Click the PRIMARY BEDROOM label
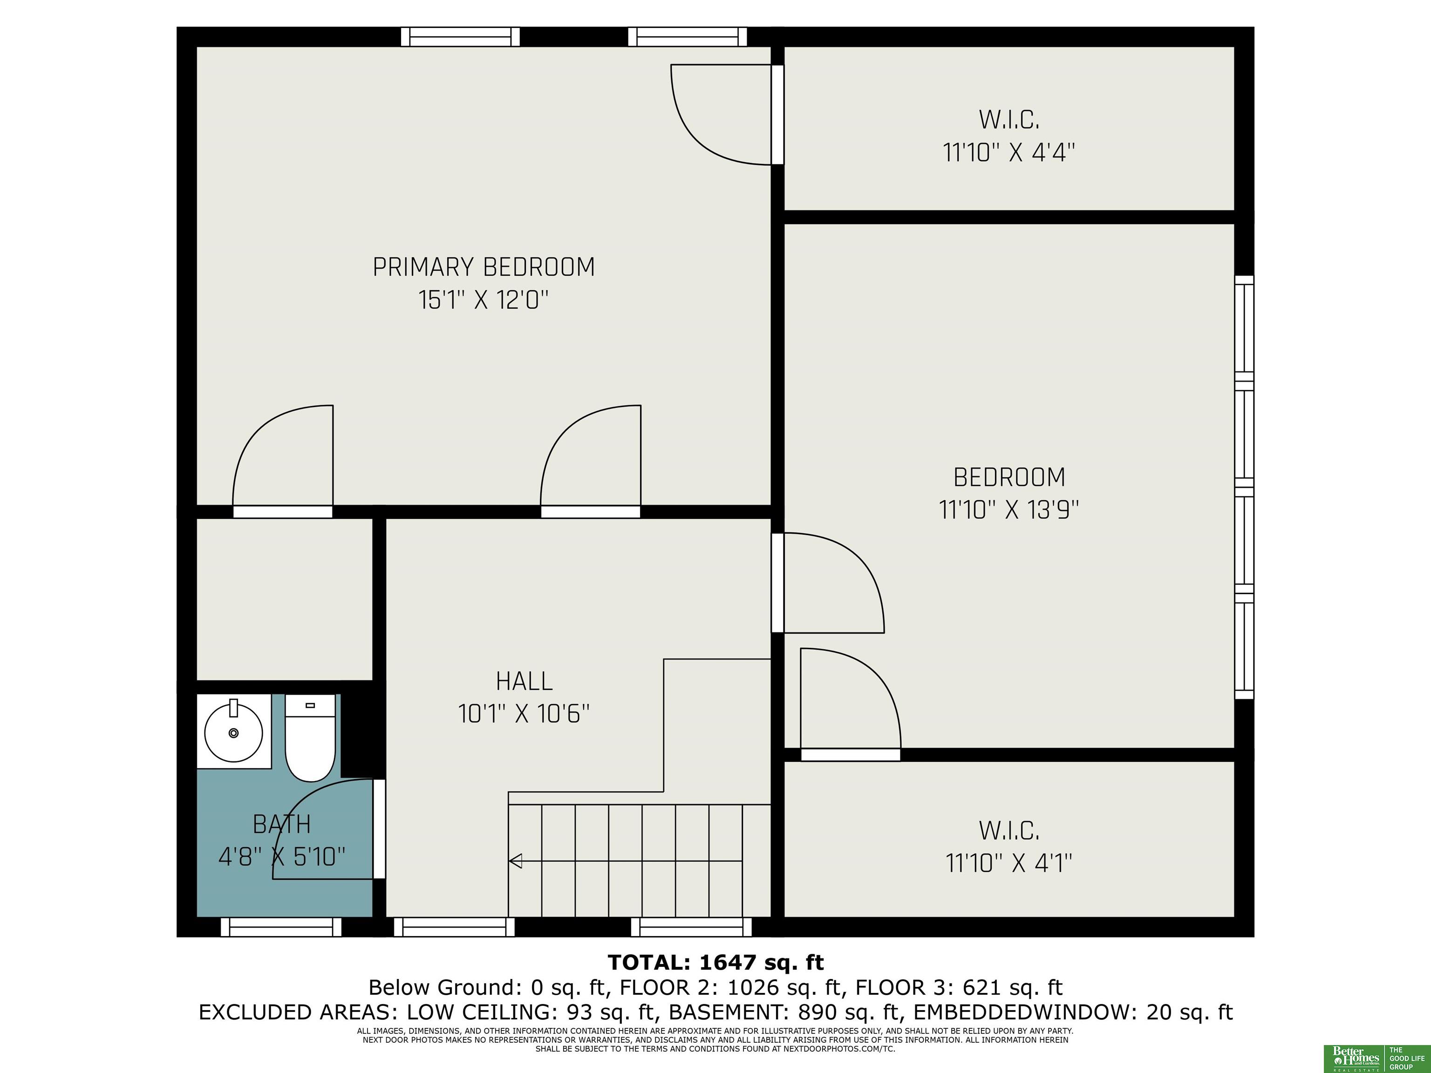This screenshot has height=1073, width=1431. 483,267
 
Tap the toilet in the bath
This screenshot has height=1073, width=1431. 311,737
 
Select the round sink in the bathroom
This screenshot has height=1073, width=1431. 233,732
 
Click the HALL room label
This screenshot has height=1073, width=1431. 524,681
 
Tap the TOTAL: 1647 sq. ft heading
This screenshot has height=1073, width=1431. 715,963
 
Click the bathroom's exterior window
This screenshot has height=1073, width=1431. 281,927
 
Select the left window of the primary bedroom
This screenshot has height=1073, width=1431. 460,36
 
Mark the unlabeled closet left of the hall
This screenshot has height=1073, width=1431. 285,599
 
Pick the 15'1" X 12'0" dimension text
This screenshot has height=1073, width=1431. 483,300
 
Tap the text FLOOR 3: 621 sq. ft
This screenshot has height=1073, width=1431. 960,988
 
